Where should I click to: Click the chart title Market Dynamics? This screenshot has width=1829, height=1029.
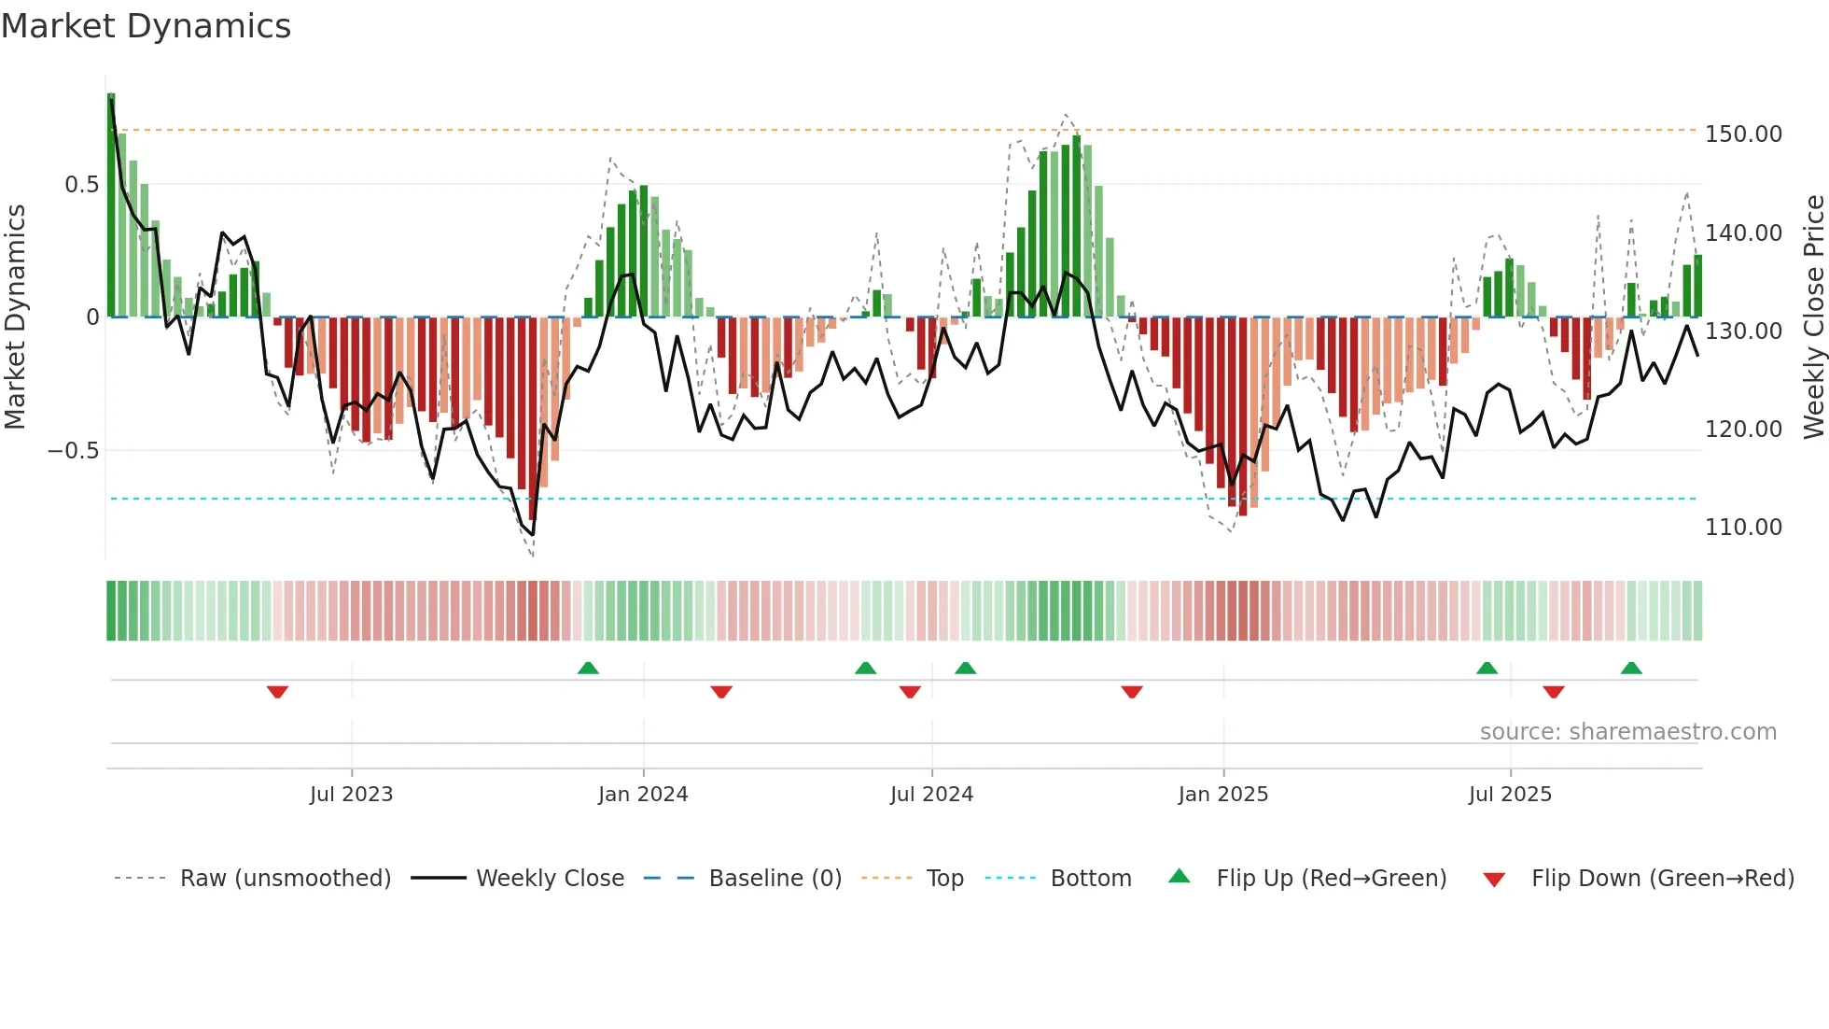[x=146, y=26]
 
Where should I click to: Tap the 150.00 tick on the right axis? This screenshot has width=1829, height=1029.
[x=1742, y=134]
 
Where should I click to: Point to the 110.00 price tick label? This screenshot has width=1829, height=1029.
[x=1742, y=528]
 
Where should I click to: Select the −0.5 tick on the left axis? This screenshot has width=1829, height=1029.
[x=73, y=451]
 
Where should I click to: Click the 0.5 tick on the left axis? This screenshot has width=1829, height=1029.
[x=81, y=185]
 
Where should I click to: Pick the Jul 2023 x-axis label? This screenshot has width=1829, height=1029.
[x=351, y=795]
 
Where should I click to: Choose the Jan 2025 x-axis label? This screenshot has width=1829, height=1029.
[x=1222, y=795]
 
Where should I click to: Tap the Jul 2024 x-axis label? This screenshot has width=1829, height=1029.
[x=931, y=795]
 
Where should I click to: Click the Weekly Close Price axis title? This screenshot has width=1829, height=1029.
[x=1813, y=317]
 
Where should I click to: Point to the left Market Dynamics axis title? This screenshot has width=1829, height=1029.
[x=15, y=317]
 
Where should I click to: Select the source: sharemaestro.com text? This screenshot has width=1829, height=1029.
[x=1627, y=732]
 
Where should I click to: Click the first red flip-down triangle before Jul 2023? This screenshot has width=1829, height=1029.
[x=277, y=692]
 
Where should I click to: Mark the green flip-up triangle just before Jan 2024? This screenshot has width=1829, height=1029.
[x=588, y=668]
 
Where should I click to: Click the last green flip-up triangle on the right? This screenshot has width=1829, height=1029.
[x=1631, y=668]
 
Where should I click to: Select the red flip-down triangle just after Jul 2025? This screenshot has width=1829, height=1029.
[x=1554, y=692]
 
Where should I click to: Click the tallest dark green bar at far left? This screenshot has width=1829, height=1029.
[x=111, y=205]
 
